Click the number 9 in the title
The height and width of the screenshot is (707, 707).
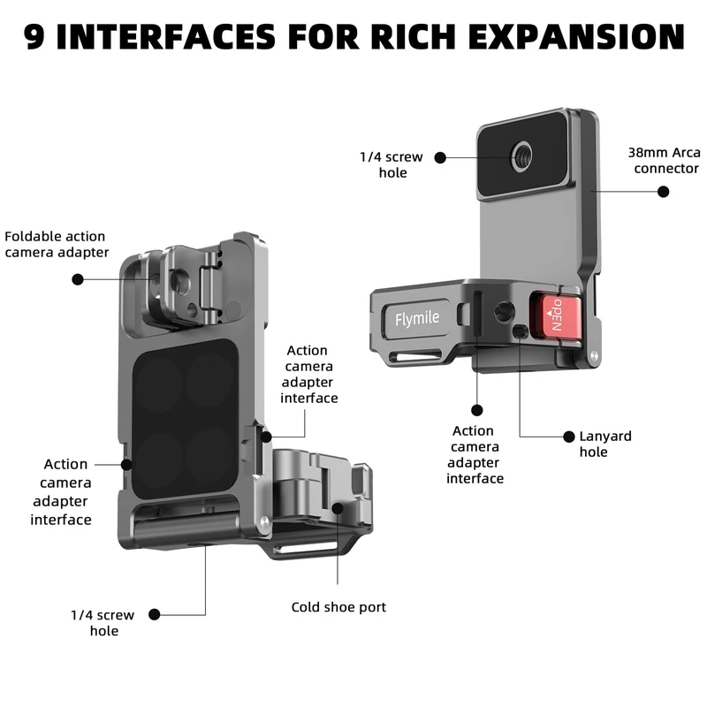click(36, 36)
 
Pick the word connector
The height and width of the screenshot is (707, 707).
click(666, 169)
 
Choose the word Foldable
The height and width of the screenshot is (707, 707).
click(33, 236)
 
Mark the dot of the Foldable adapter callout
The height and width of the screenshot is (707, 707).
click(78, 278)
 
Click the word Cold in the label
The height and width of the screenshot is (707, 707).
click(308, 607)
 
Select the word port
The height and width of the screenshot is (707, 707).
click(371, 607)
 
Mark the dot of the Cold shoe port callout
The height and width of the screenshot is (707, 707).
click(338, 506)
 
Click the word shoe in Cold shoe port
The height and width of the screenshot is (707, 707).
click(340, 607)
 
